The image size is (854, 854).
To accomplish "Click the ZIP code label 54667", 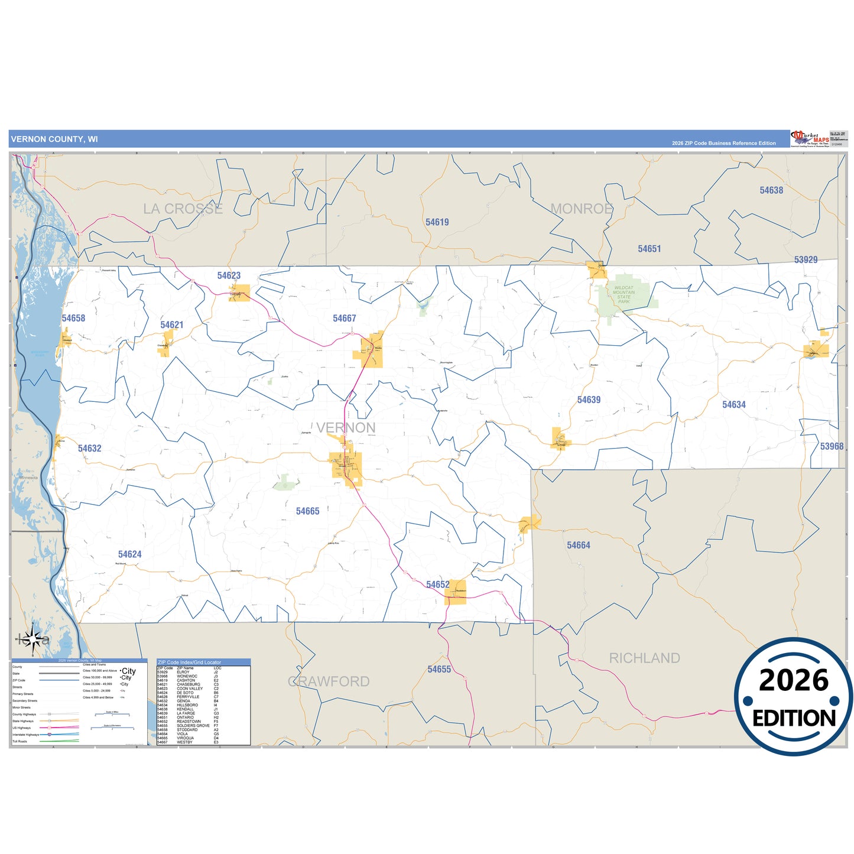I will pyautogui.click(x=344, y=319).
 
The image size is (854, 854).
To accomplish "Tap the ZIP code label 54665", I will pyautogui.click(x=307, y=511).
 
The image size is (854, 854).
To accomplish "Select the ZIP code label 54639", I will pyautogui.click(x=589, y=400).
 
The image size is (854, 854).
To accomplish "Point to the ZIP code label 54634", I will pyautogui.click(x=733, y=405).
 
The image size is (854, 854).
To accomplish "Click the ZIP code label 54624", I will pyautogui.click(x=129, y=554).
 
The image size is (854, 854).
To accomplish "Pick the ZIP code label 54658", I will pyautogui.click(x=73, y=319).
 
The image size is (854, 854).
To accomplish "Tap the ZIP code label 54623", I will pyautogui.click(x=229, y=276).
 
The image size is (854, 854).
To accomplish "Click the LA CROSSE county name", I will pyautogui.click(x=183, y=209).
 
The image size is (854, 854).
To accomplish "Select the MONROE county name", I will pyautogui.click(x=581, y=209).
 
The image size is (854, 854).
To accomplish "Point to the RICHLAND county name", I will pyautogui.click(x=644, y=658).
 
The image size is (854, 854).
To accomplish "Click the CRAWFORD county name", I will pyautogui.click(x=329, y=681).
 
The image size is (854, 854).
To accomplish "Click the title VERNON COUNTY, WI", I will pyautogui.click(x=54, y=139).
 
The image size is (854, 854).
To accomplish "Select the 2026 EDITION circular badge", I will pyautogui.click(x=793, y=697).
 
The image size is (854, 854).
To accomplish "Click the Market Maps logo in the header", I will pyautogui.click(x=810, y=139).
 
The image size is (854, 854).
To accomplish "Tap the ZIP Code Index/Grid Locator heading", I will pyautogui.click(x=189, y=663).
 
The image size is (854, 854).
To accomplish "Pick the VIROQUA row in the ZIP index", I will pyautogui.click(x=185, y=738).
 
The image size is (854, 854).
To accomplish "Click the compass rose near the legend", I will pyautogui.click(x=34, y=639).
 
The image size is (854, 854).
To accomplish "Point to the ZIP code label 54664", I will pyautogui.click(x=578, y=545).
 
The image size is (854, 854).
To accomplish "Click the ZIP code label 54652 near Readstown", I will pyautogui.click(x=437, y=585).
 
